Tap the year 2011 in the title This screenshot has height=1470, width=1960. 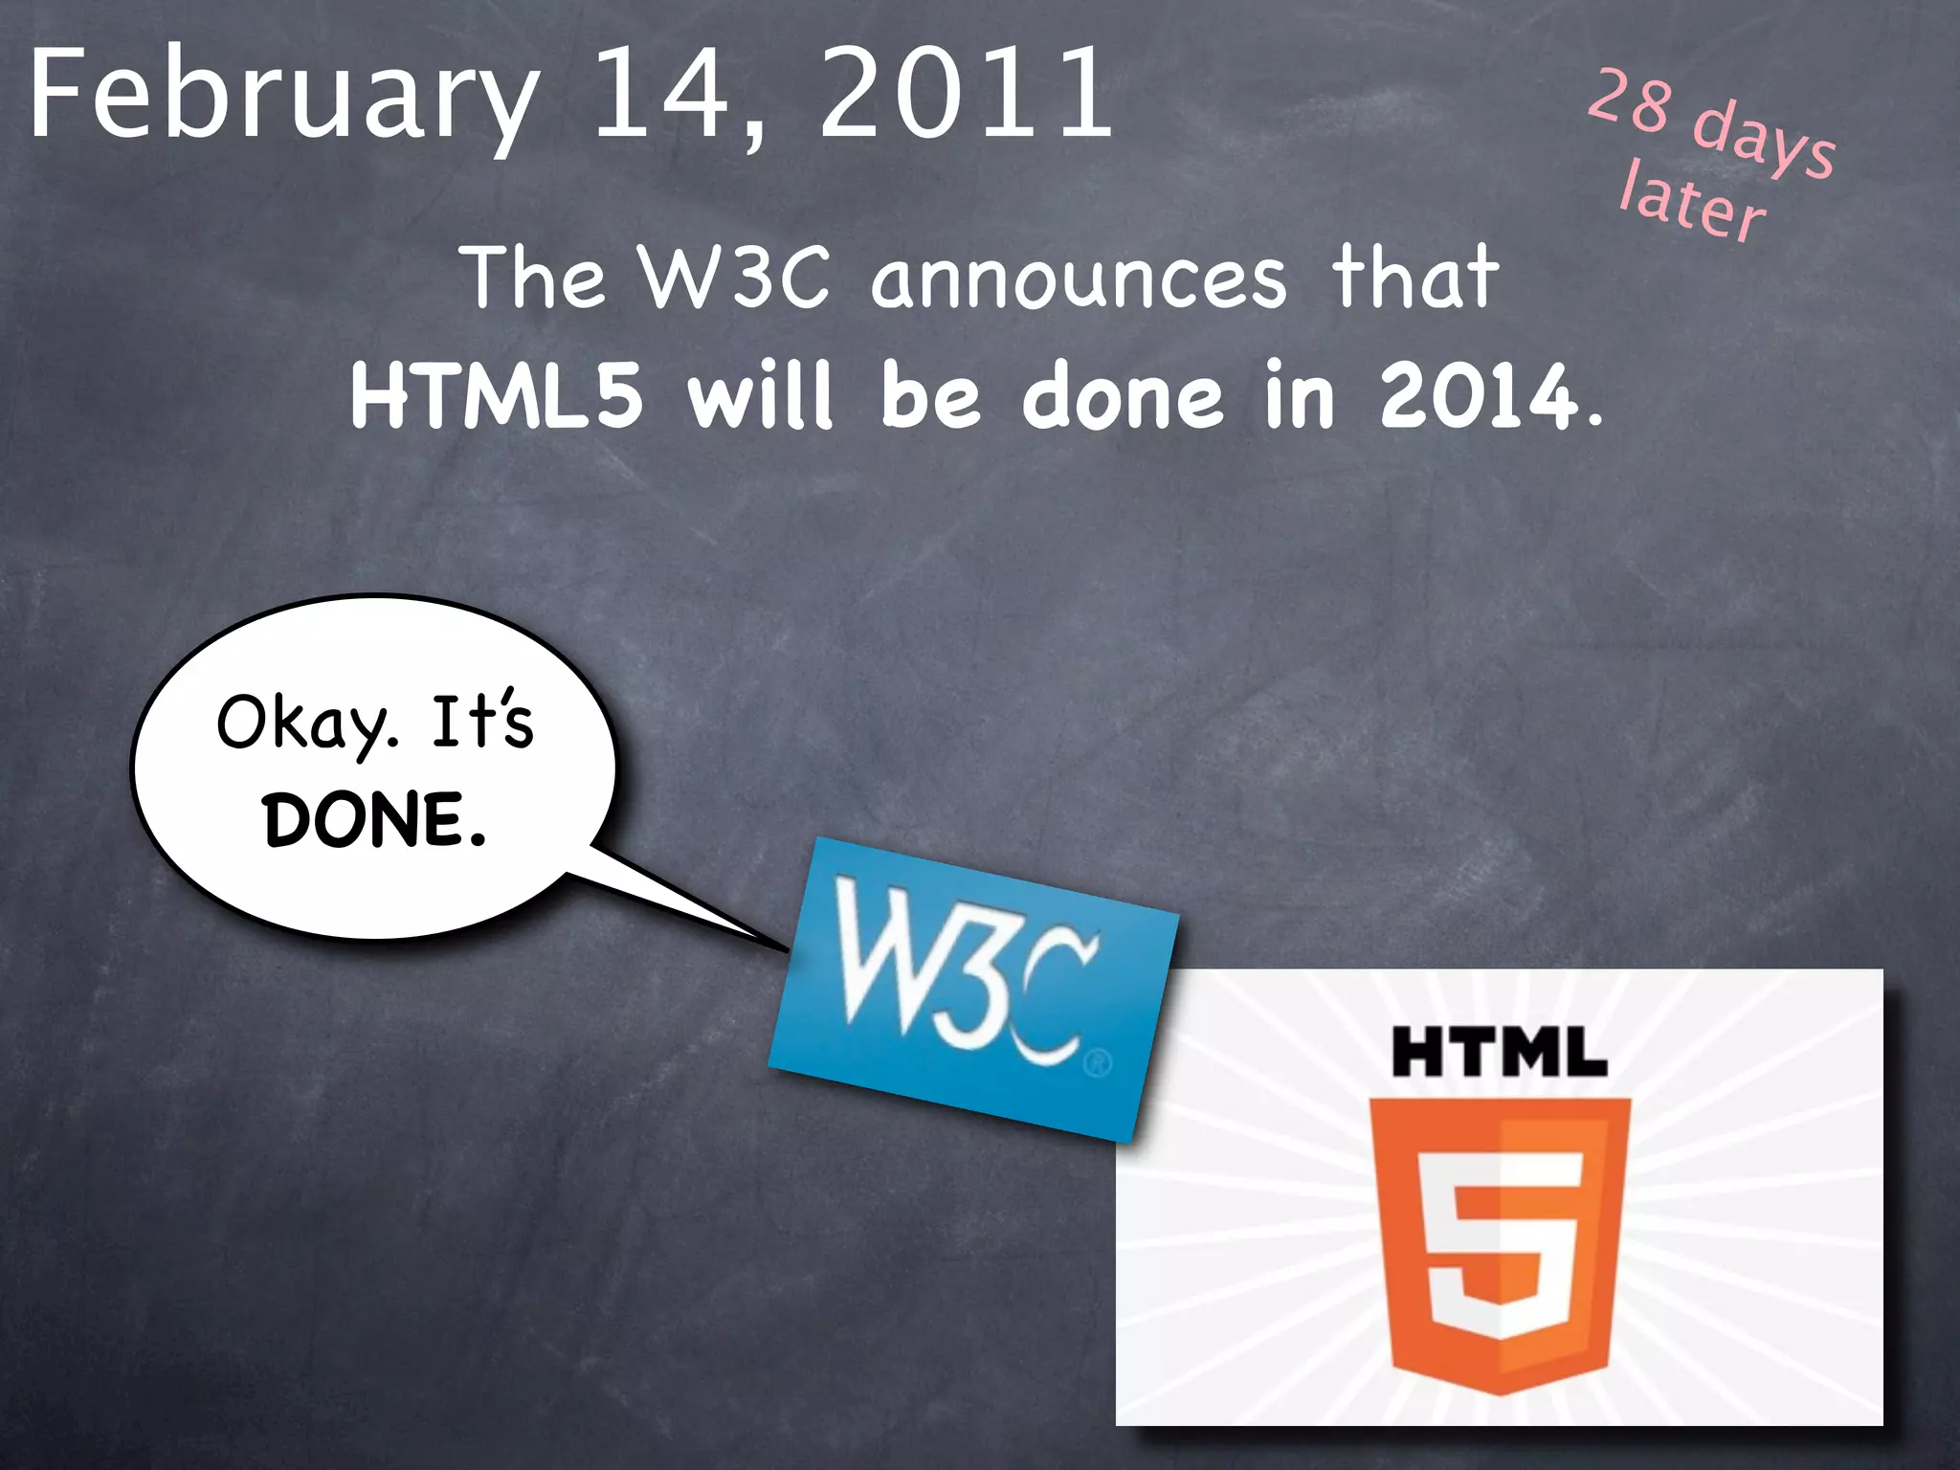pos(967,94)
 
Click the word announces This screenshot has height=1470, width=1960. pos(1079,278)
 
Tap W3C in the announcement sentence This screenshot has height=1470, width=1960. pos(734,278)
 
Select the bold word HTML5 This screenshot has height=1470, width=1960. pos(497,395)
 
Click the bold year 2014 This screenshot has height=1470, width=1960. pos(1479,395)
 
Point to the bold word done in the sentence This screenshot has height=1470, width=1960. pos(1122,395)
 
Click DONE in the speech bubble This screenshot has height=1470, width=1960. pos(373,820)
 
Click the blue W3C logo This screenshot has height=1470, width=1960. pos(972,986)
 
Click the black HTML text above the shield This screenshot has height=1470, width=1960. pos(1499,1052)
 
